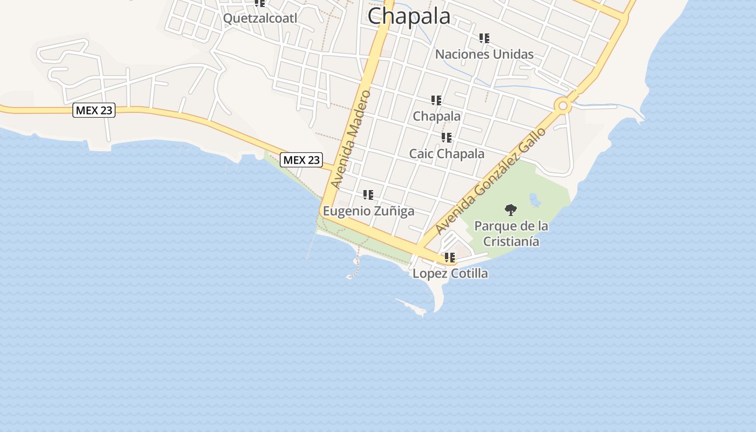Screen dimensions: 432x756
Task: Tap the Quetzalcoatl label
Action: pos(260,18)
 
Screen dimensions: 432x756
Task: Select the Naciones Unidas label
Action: pos(484,54)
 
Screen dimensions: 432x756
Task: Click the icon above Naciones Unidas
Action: pos(484,38)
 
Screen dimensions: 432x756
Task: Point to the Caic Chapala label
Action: pos(447,154)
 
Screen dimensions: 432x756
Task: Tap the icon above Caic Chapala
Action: pos(447,138)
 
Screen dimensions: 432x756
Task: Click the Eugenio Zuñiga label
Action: pos(368,211)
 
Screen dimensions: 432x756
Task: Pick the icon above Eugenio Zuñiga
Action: pos(368,195)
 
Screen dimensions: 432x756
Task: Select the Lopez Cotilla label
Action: pos(450,273)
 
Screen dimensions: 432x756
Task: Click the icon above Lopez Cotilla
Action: pos(450,258)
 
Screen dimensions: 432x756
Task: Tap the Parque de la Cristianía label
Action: pos(511,233)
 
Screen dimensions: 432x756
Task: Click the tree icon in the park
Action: pos(510,210)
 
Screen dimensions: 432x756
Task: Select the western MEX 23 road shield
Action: pos(94,110)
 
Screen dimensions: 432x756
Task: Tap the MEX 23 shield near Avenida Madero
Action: pos(301,160)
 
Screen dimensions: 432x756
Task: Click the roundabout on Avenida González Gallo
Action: pos(563,105)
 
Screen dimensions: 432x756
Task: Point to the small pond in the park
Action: pos(535,201)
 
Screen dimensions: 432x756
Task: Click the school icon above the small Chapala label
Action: pos(436,100)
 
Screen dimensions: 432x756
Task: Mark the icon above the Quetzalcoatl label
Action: pos(260,3)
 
